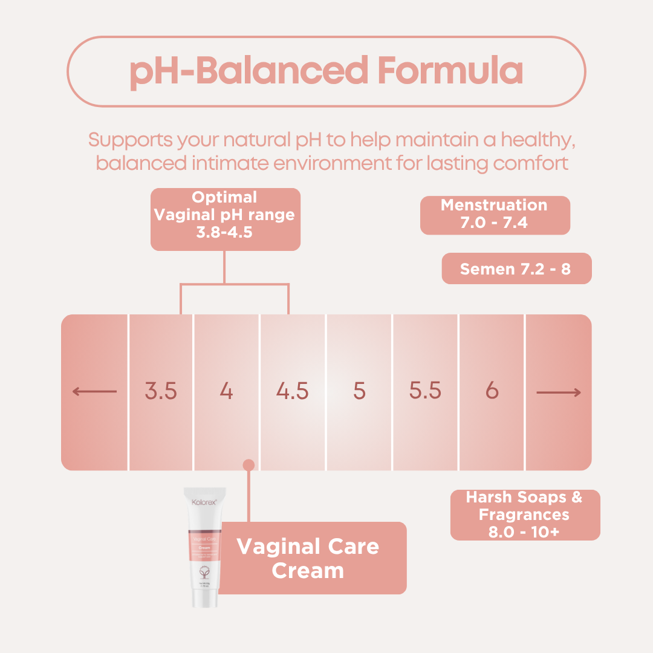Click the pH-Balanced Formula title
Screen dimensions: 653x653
(x=326, y=71)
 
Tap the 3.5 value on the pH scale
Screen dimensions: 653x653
(x=161, y=392)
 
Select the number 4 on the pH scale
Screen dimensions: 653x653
(x=226, y=392)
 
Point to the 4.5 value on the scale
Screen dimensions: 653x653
(x=293, y=392)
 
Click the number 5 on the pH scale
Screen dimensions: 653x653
(x=359, y=392)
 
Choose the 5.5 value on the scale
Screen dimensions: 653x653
(x=425, y=392)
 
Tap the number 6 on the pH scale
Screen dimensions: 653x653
(x=492, y=392)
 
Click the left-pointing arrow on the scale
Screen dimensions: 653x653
(x=94, y=392)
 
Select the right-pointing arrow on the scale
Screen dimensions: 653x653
(x=559, y=393)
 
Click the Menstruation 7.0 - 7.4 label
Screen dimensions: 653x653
(x=495, y=215)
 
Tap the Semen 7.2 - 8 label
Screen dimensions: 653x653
(x=516, y=269)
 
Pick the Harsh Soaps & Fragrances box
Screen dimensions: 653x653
(x=525, y=515)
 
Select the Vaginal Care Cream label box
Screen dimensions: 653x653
(x=308, y=558)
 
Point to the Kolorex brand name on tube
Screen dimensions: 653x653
(x=204, y=502)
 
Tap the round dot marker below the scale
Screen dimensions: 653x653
(x=249, y=464)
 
